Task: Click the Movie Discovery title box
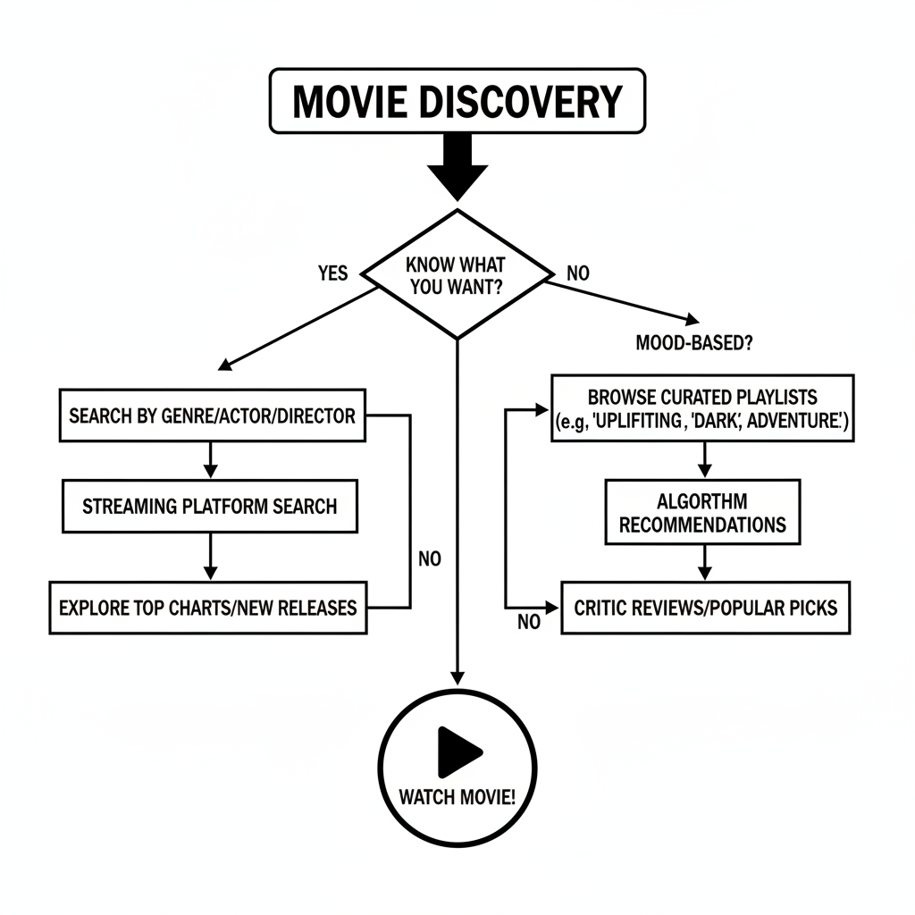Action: [x=457, y=101]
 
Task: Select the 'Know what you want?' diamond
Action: [x=457, y=275]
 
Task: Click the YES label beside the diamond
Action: [x=332, y=273]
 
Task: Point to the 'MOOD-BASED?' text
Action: [x=692, y=342]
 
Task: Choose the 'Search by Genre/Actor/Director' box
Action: [x=212, y=416]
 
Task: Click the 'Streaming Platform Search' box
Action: [x=209, y=506]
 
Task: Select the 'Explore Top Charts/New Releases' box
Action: [x=207, y=608]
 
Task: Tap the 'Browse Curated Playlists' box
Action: [x=703, y=408]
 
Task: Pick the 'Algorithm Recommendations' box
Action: [x=702, y=512]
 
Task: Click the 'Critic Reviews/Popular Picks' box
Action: [x=705, y=608]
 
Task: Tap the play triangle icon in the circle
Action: [x=458, y=751]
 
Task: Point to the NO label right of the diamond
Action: [x=578, y=273]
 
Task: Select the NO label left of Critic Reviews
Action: [x=529, y=623]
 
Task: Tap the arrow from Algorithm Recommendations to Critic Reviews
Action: [x=704, y=562]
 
